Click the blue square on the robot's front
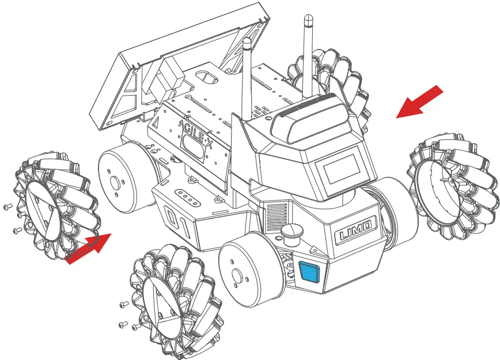309,271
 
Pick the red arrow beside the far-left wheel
88,249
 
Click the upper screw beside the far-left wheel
7,206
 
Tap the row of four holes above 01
188,195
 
